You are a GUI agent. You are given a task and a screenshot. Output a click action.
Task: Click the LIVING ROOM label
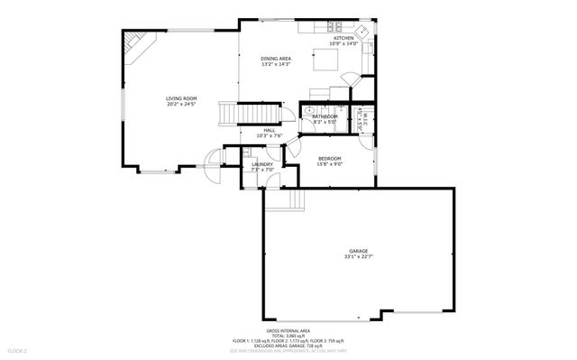tap(181, 98)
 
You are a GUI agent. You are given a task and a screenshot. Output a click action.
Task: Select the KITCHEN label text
tap(344, 38)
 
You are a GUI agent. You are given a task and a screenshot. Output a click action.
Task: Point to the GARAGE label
tap(359, 251)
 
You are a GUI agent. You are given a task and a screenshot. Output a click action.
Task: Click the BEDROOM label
tap(329, 158)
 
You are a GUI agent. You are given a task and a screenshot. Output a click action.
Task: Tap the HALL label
tap(270, 130)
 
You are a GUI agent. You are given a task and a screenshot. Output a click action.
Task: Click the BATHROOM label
tap(325, 116)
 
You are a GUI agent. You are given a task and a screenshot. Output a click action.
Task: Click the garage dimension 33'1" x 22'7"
tap(359, 257)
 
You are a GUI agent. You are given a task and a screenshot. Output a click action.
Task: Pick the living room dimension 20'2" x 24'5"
tap(181, 104)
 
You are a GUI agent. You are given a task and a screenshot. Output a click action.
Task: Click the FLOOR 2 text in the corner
tap(18, 349)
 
